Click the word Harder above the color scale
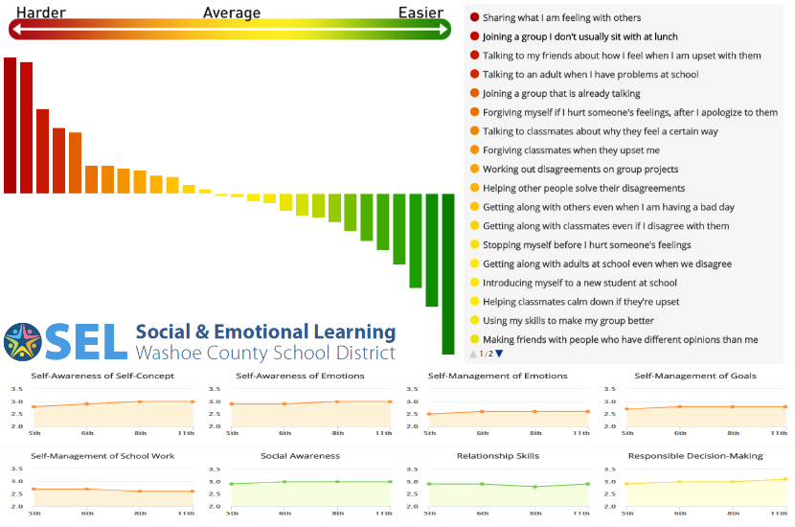click(x=40, y=12)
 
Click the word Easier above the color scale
click(x=421, y=12)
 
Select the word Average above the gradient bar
click(x=232, y=12)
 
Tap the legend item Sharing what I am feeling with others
click(x=561, y=18)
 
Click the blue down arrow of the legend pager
click(x=499, y=354)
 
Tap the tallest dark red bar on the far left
click(x=10, y=125)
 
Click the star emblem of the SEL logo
click(x=21, y=342)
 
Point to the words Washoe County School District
click(x=265, y=353)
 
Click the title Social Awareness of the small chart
click(x=300, y=456)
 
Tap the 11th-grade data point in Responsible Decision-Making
click(x=784, y=479)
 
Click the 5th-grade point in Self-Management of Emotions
click(x=429, y=414)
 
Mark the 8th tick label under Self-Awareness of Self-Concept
click(x=139, y=434)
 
